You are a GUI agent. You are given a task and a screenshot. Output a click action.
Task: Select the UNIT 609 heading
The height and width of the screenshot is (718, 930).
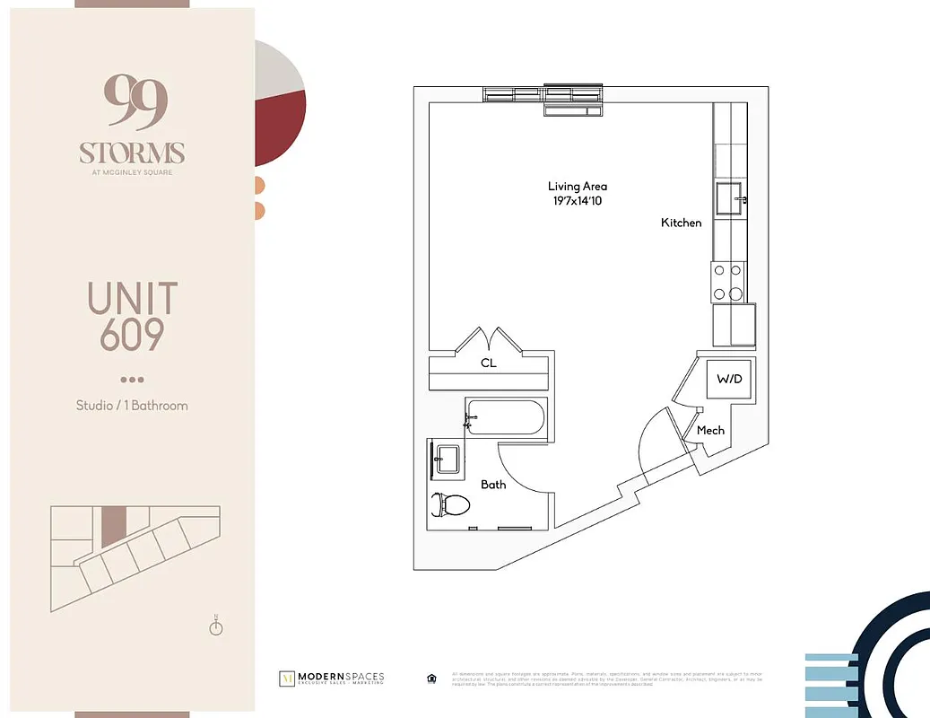132,316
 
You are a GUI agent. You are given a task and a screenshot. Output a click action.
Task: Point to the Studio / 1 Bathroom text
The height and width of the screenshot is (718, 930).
132,406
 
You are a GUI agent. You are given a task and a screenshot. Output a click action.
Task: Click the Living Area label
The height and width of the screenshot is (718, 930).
578,187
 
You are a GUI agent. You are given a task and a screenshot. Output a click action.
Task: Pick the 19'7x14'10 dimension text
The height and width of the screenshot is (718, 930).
578,201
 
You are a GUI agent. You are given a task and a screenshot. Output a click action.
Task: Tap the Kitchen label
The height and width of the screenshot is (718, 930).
682,223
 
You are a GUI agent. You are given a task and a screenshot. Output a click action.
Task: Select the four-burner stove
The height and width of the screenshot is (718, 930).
728,281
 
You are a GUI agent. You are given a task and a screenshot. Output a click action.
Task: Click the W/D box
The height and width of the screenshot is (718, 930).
728,380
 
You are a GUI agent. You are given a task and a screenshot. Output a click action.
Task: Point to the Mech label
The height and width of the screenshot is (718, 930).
710,431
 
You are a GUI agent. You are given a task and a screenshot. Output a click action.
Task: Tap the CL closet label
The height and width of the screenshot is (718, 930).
488,363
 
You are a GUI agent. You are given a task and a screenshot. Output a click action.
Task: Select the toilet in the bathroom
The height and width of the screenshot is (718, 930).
451,504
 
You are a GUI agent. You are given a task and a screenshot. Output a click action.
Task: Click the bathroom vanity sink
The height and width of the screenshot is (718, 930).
446,460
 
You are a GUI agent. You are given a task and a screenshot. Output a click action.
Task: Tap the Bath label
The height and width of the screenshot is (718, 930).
493,485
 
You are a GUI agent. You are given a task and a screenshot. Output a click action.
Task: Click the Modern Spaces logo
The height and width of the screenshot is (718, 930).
332,678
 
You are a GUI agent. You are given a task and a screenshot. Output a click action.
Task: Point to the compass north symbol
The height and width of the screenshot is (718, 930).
216,626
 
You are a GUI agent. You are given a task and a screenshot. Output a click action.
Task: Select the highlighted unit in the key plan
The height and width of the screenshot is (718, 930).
113,526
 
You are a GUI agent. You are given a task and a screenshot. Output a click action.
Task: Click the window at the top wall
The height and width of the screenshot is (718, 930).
543,95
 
